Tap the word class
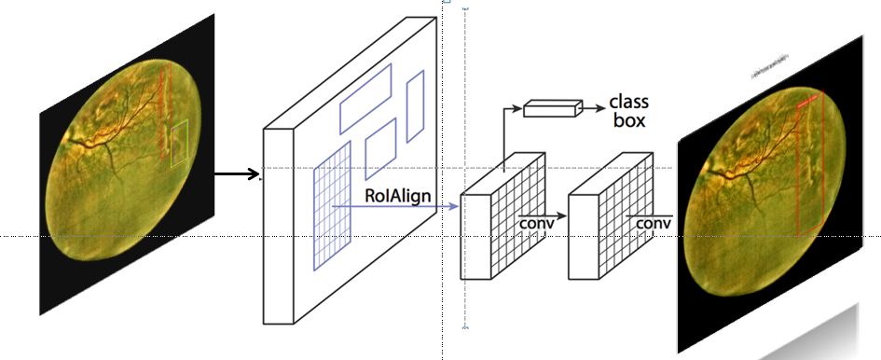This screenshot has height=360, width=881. pos(628,101)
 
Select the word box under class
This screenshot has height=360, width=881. pos(626,119)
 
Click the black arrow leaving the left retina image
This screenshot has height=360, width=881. pos(237,173)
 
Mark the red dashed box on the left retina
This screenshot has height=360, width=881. pos(165,112)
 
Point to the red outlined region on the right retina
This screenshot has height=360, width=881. pos(811,163)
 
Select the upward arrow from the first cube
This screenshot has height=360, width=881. pos(505,140)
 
